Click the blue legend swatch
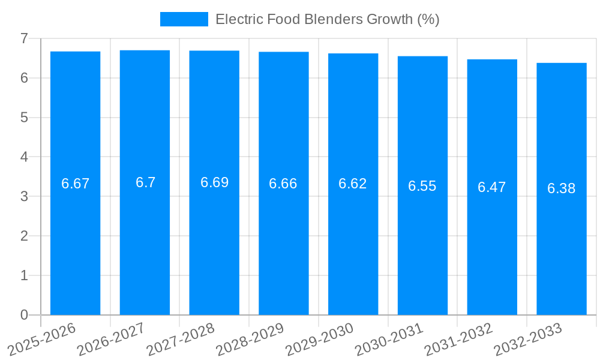184,19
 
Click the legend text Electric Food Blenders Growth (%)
327,19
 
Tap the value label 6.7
145,182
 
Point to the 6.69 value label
214,182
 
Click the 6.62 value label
353,184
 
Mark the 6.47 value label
492,187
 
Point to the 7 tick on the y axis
24,38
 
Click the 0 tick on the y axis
24,315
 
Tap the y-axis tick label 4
24,157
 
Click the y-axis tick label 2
24,236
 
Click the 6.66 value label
283,184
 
